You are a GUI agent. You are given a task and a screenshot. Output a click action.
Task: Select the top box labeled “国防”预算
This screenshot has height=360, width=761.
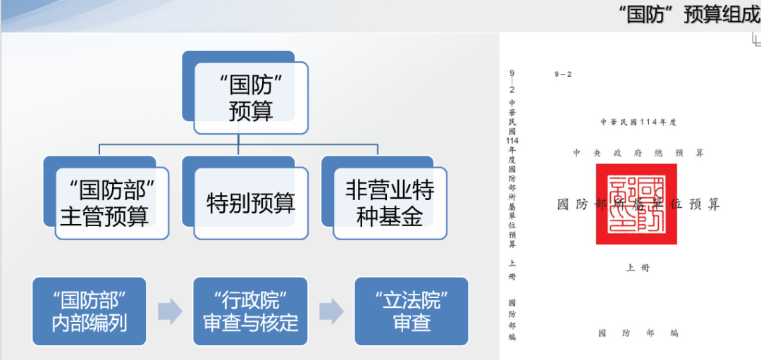click(x=250, y=98)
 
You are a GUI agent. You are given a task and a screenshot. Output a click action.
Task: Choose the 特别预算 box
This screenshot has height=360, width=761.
click(x=250, y=203)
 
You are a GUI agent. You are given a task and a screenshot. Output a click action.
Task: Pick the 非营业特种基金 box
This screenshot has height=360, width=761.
click(x=390, y=202)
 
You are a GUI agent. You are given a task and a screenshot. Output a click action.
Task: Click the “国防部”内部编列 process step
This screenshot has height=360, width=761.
click(x=89, y=311)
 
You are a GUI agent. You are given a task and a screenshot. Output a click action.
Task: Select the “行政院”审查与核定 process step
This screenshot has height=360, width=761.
click(x=250, y=311)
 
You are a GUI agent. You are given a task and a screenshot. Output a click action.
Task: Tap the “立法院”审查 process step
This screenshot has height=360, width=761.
click(x=412, y=311)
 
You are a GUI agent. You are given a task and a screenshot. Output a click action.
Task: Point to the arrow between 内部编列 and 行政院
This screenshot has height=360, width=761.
click(x=170, y=311)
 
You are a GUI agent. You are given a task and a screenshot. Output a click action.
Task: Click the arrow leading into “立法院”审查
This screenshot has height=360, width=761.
click(x=331, y=311)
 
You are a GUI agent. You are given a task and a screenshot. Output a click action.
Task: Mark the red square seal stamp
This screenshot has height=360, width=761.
click(x=636, y=204)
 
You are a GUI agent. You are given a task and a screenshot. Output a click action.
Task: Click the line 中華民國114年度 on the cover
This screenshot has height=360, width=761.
click(x=638, y=122)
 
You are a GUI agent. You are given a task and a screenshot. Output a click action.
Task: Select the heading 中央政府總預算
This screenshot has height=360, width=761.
click(x=638, y=153)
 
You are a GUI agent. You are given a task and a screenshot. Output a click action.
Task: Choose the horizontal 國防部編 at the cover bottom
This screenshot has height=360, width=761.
click(x=638, y=333)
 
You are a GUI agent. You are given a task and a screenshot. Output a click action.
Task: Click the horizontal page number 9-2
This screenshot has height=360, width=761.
click(x=563, y=74)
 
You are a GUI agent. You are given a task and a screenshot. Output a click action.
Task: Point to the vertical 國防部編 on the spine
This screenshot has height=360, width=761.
click(x=512, y=320)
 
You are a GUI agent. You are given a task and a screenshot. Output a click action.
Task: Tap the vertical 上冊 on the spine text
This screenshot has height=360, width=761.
click(x=512, y=270)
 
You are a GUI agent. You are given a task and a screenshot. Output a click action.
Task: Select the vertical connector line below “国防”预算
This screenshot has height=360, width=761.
click(x=238, y=140)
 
